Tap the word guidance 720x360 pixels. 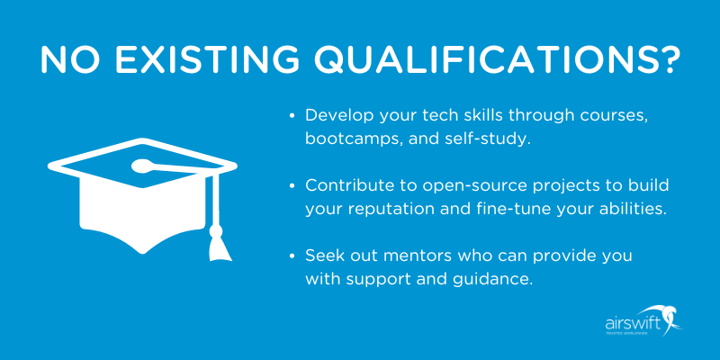click(494, 279)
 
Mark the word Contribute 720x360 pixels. click(347, 185)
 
